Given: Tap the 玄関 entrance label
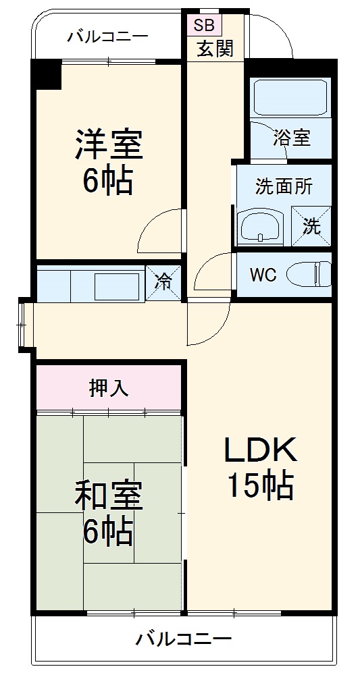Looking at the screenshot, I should (215, 49).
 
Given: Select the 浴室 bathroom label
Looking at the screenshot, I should (291, 138).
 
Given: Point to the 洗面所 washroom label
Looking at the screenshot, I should (284, 187).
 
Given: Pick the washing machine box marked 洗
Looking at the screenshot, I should (311, 225).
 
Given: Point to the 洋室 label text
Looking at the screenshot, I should (107, 143).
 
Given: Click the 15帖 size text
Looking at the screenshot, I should (259, 485).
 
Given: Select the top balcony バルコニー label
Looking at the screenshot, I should (107, 36).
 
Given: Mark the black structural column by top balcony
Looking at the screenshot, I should (47, 74).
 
